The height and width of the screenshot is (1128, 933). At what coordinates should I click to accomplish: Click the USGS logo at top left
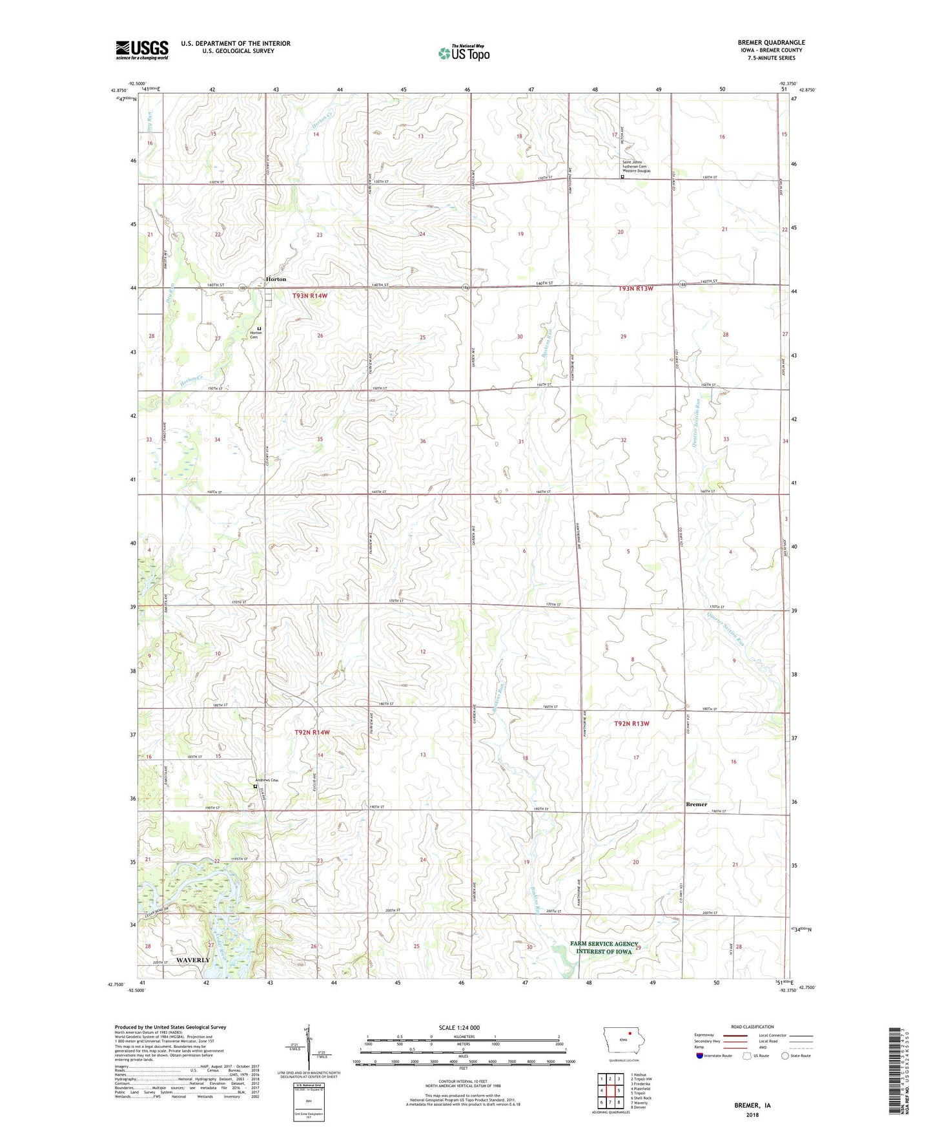click(142, 50)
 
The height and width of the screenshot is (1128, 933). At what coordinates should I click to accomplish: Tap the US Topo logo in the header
click(464, 53)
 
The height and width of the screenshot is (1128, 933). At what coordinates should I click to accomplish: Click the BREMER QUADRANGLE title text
click(771, 43)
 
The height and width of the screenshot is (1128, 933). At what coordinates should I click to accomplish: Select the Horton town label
click(276, 279)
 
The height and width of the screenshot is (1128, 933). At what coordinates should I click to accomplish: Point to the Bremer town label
click(696, 804)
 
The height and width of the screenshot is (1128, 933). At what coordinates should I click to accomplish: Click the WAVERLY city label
click(192, 960)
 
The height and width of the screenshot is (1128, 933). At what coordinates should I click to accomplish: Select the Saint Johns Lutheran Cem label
click(636, 166)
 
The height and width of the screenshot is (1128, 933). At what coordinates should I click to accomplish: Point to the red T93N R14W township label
click(310, 296)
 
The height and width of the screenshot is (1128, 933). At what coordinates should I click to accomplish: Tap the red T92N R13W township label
click(631, 724)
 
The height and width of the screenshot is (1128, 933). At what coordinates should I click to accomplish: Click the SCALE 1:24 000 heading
click(459, 1027)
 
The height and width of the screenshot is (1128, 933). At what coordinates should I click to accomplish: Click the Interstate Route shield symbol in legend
click(700, 1056)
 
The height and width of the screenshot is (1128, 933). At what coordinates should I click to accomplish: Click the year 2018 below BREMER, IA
click(752, 1114)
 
